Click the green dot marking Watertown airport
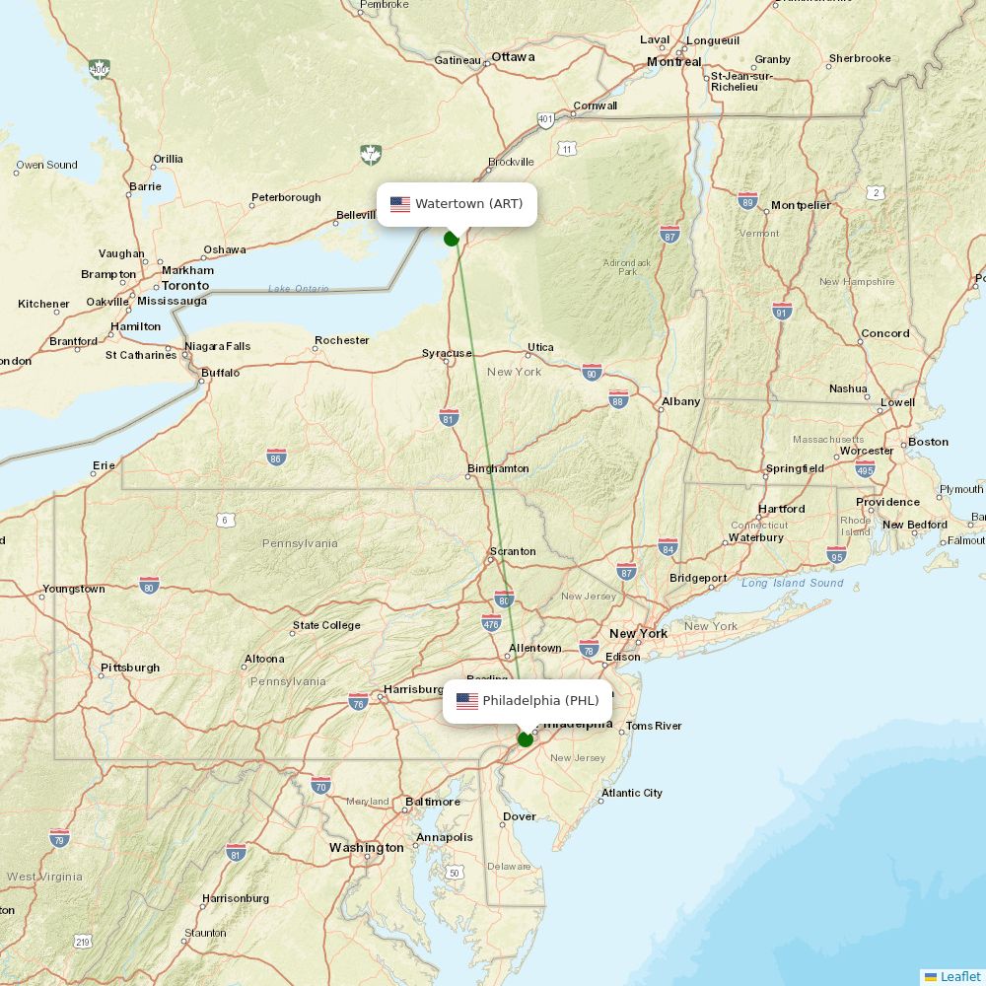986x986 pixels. tap(452, 238)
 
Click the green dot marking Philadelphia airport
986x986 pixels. tap(526, 739)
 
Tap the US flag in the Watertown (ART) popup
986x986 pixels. tap(400, 204)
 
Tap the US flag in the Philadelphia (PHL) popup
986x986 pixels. tap(467, 701)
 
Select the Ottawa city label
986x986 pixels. tap(513, 57)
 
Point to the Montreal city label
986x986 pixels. tap(674, 62)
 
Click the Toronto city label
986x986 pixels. tap(185, 286)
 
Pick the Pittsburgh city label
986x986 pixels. tap(130, 668)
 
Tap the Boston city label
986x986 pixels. tap(928, 442)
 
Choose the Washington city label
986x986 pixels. tap(367, 848)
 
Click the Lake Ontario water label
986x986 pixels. tap(298, 288)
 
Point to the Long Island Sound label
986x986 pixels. tap(793, 583)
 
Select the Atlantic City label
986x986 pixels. tap(632, 793)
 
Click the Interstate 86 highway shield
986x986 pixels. tap(276, 457)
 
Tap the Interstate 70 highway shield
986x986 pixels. tap(320, 785)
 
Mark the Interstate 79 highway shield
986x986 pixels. tap(59, 838)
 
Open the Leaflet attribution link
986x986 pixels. tap(960, 976)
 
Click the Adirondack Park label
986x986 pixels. tap(627, 266)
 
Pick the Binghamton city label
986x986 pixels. tap(498, 468)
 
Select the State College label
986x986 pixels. tap(326, 625)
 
